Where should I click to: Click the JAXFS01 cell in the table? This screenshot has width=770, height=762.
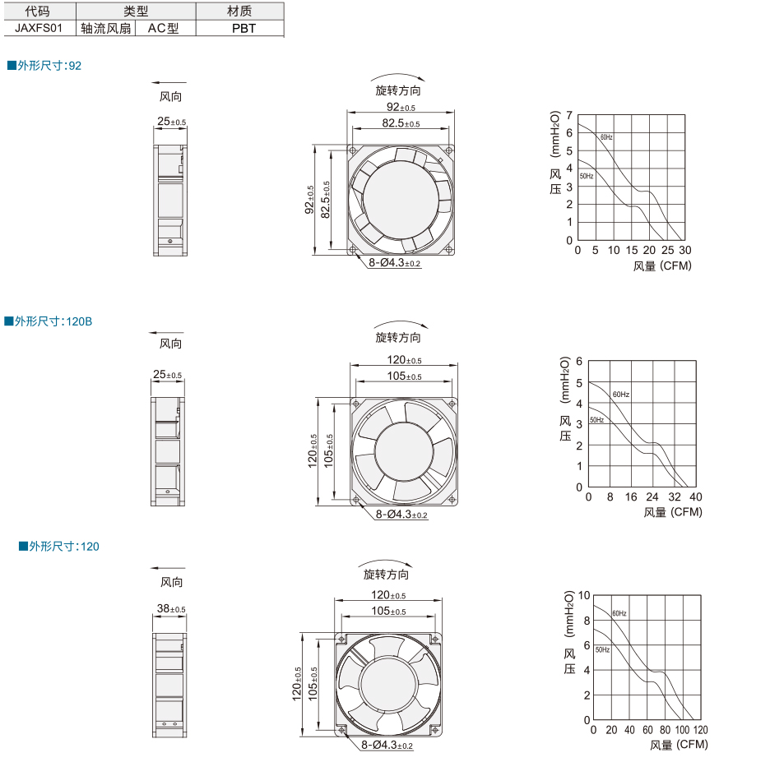[39, 28]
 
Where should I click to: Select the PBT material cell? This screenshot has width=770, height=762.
[244, 29]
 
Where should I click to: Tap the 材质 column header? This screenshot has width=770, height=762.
[239, 11]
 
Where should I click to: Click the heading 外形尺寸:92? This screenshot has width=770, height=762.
[44, 66]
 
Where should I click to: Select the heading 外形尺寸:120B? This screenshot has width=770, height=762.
[48, 321]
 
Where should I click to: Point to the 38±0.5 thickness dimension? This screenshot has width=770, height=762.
[171, 609]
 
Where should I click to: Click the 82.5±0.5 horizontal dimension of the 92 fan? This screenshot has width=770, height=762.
[401, 123]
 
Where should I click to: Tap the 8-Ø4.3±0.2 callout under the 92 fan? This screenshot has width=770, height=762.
[394, 263]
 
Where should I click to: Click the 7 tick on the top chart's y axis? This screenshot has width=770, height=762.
[569, 115]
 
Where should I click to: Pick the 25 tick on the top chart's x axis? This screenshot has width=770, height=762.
[667, 250]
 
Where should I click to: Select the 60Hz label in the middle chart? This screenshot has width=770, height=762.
[621, 395]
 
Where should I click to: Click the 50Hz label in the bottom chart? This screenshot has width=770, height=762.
[602, 649]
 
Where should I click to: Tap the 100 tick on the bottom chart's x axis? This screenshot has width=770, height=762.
[682, 730]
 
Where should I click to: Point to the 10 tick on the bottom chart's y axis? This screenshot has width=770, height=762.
[584, 596]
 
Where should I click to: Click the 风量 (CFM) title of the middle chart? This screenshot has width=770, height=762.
[673, 512]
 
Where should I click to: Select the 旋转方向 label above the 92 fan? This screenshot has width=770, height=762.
[398, 90]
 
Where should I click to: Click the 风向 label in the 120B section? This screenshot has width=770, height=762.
[170, 344]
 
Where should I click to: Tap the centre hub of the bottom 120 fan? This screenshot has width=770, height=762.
[388, 685]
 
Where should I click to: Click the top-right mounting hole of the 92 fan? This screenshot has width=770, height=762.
[448, 150]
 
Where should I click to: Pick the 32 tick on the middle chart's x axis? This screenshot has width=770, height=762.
[675, 497]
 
